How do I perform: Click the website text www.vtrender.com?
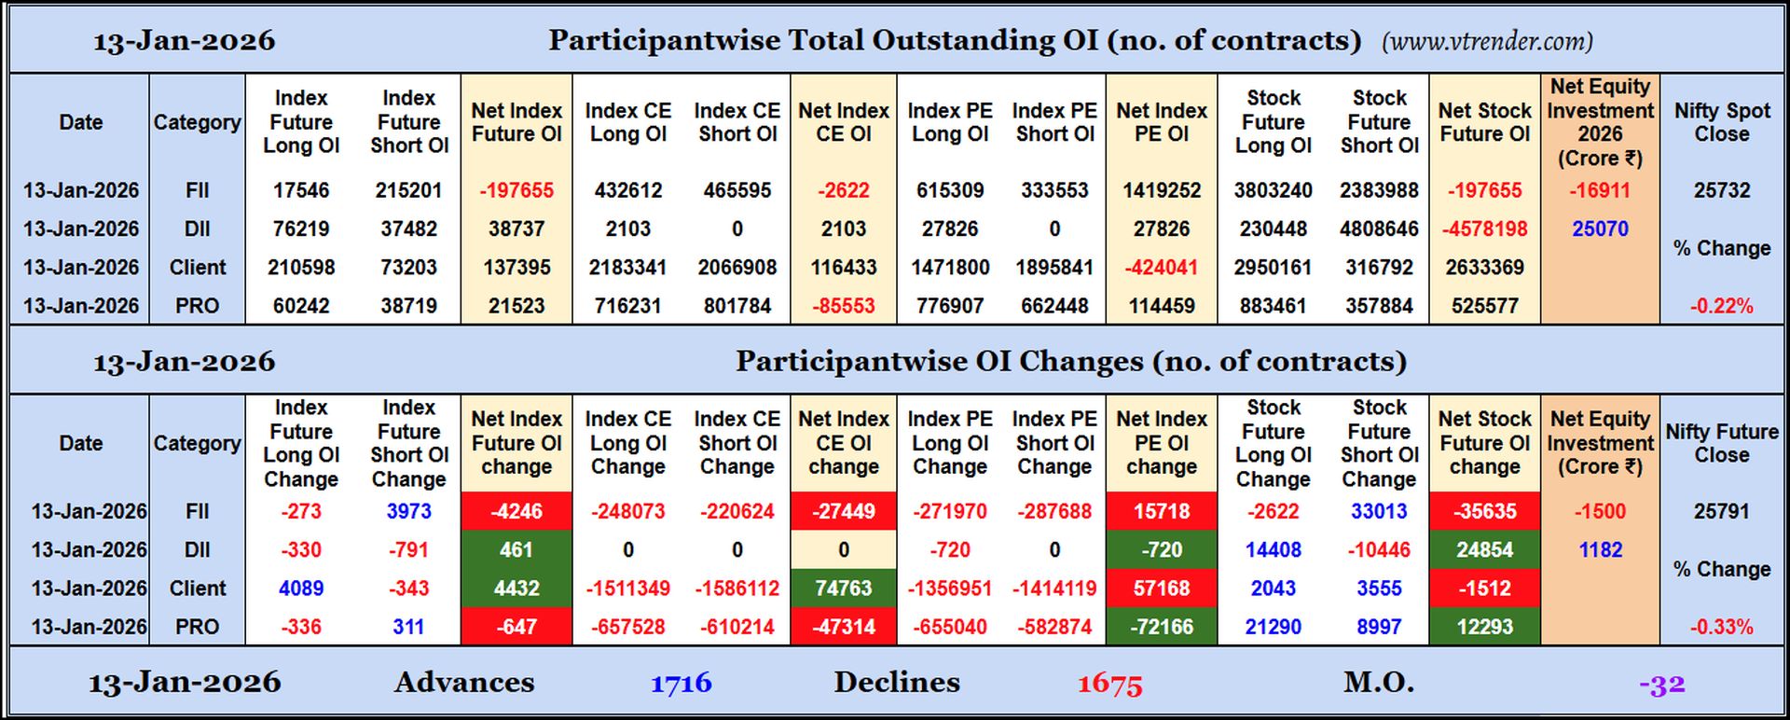click(1487, 42)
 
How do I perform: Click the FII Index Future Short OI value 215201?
click(408, 190)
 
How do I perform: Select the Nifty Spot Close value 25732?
click(1721, 190)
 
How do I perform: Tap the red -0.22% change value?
click(1721, 306)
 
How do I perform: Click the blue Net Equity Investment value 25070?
click(1600, 228)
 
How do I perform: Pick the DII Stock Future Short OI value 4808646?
click(1379, 228)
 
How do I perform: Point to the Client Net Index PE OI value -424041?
click(1161, 268)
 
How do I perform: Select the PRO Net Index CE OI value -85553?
click(843, 306)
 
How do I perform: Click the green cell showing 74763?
click(843, 588)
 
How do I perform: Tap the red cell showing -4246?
click(516, 511)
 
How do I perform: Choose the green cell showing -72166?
click(1161, 627)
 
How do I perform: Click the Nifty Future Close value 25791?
click(1721, 511)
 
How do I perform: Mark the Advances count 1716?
click(681, 684)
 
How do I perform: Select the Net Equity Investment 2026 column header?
click(1600, 122)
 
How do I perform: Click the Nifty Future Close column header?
click(1721, 443)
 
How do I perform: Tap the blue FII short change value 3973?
click(408, 511)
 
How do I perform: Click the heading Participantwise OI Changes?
click(1070, 362)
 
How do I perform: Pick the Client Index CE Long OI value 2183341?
click(627, 268)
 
